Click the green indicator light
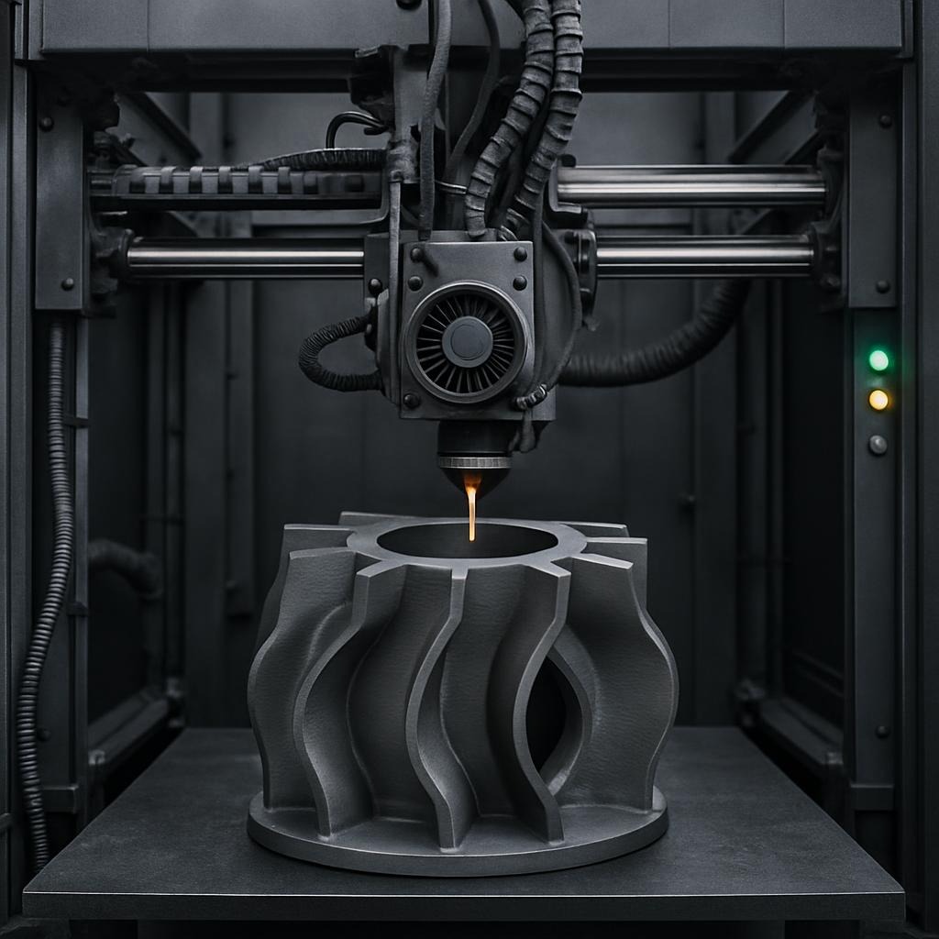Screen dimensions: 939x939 point(878,360)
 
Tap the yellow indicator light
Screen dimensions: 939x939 point(878,400)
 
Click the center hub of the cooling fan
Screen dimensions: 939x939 point(467,341)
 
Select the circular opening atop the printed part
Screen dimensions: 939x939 point(466,540)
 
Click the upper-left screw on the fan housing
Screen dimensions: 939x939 point(416,255)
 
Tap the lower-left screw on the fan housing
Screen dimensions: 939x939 point(412,401)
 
